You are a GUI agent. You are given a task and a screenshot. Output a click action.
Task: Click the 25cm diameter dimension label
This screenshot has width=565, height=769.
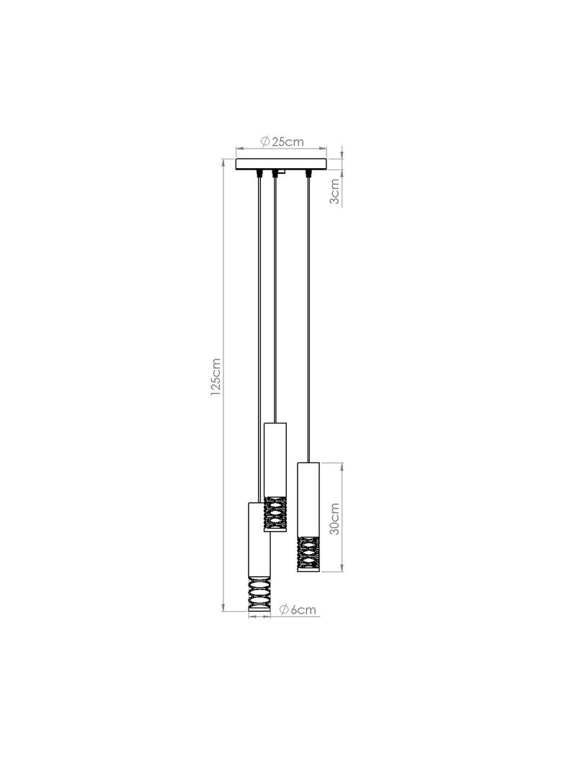(x=282, y=141)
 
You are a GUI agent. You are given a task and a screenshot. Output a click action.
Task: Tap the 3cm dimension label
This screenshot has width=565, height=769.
(x=334, y=192)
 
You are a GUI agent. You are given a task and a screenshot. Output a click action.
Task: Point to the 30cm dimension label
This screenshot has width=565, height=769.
(x=334, y=519)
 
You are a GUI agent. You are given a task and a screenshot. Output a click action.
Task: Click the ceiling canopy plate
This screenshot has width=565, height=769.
(x=281, y=164)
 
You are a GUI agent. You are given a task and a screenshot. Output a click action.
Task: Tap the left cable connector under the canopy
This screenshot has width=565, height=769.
(x=258, y=173)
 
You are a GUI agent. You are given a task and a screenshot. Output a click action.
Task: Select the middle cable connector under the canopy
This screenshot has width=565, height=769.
(x=275, y=173)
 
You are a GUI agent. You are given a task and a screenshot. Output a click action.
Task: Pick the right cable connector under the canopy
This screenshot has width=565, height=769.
(x=308, y=173)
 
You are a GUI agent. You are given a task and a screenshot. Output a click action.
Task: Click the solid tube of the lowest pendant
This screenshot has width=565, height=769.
(x=259, y=539)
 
